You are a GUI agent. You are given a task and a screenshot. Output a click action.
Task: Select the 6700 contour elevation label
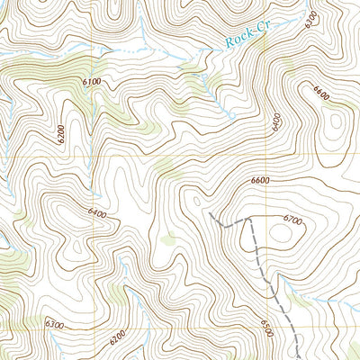(291, 219)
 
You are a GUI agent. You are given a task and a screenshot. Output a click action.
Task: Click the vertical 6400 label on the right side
(276, 121)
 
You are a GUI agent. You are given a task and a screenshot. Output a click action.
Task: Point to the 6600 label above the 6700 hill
(260, 181)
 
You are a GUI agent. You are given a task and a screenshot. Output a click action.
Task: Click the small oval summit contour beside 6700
(280, 234)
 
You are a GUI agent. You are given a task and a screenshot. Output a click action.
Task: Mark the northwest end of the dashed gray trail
(210, 214)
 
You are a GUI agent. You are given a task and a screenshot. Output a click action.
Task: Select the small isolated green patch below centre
(167, 239)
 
